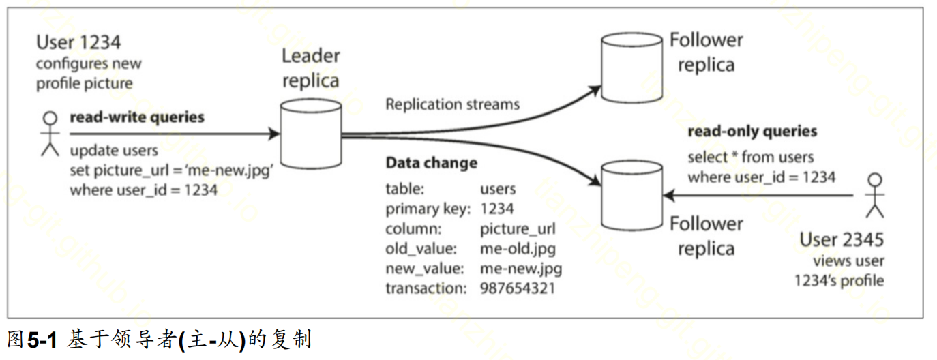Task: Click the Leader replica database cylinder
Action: (x=310, y=134)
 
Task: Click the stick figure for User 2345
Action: (x=874, y=195)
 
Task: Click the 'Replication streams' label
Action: (x=452, y=104)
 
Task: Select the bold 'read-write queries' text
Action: (x=136, y=117)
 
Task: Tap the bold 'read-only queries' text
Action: (x=752, y=131)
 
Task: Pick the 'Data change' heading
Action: (x=431, y=164)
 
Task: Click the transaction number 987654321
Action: (x=518, y=288)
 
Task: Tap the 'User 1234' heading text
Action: (x=78, y=42)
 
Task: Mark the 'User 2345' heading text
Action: (x=842, y=239)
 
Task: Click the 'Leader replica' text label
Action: (x=310, y=68)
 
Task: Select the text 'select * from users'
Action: (x=750, y=157)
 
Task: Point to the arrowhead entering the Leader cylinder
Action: (x=274, y=134)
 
